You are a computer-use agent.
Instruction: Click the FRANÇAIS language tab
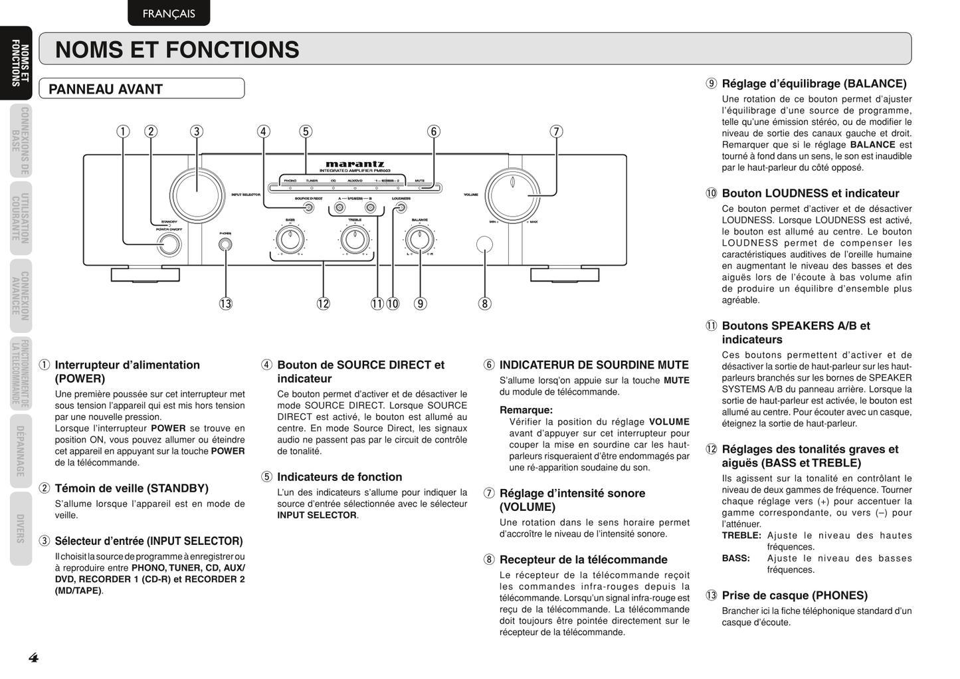point(169,13)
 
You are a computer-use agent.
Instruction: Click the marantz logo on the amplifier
point(355,164)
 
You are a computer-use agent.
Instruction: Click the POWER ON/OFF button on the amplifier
point(169,244)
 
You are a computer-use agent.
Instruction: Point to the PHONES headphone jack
point(225,244)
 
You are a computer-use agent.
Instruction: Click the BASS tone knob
point(290,239)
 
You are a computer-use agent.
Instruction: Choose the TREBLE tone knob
point(355,239)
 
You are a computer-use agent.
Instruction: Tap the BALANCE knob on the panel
point(419,239)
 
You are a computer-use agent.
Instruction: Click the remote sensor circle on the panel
point(485,244)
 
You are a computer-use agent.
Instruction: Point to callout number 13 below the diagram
point(226,304)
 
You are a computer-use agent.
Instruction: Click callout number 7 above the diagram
point(556,132)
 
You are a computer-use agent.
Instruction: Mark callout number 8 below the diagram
point(484,304)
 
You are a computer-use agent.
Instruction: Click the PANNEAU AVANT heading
point(106,89)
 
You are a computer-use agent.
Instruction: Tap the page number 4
point(33,658)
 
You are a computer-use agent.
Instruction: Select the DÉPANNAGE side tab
point(21,451)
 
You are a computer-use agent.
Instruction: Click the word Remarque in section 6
point(526,410)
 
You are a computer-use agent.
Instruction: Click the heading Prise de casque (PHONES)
point(795,595)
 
